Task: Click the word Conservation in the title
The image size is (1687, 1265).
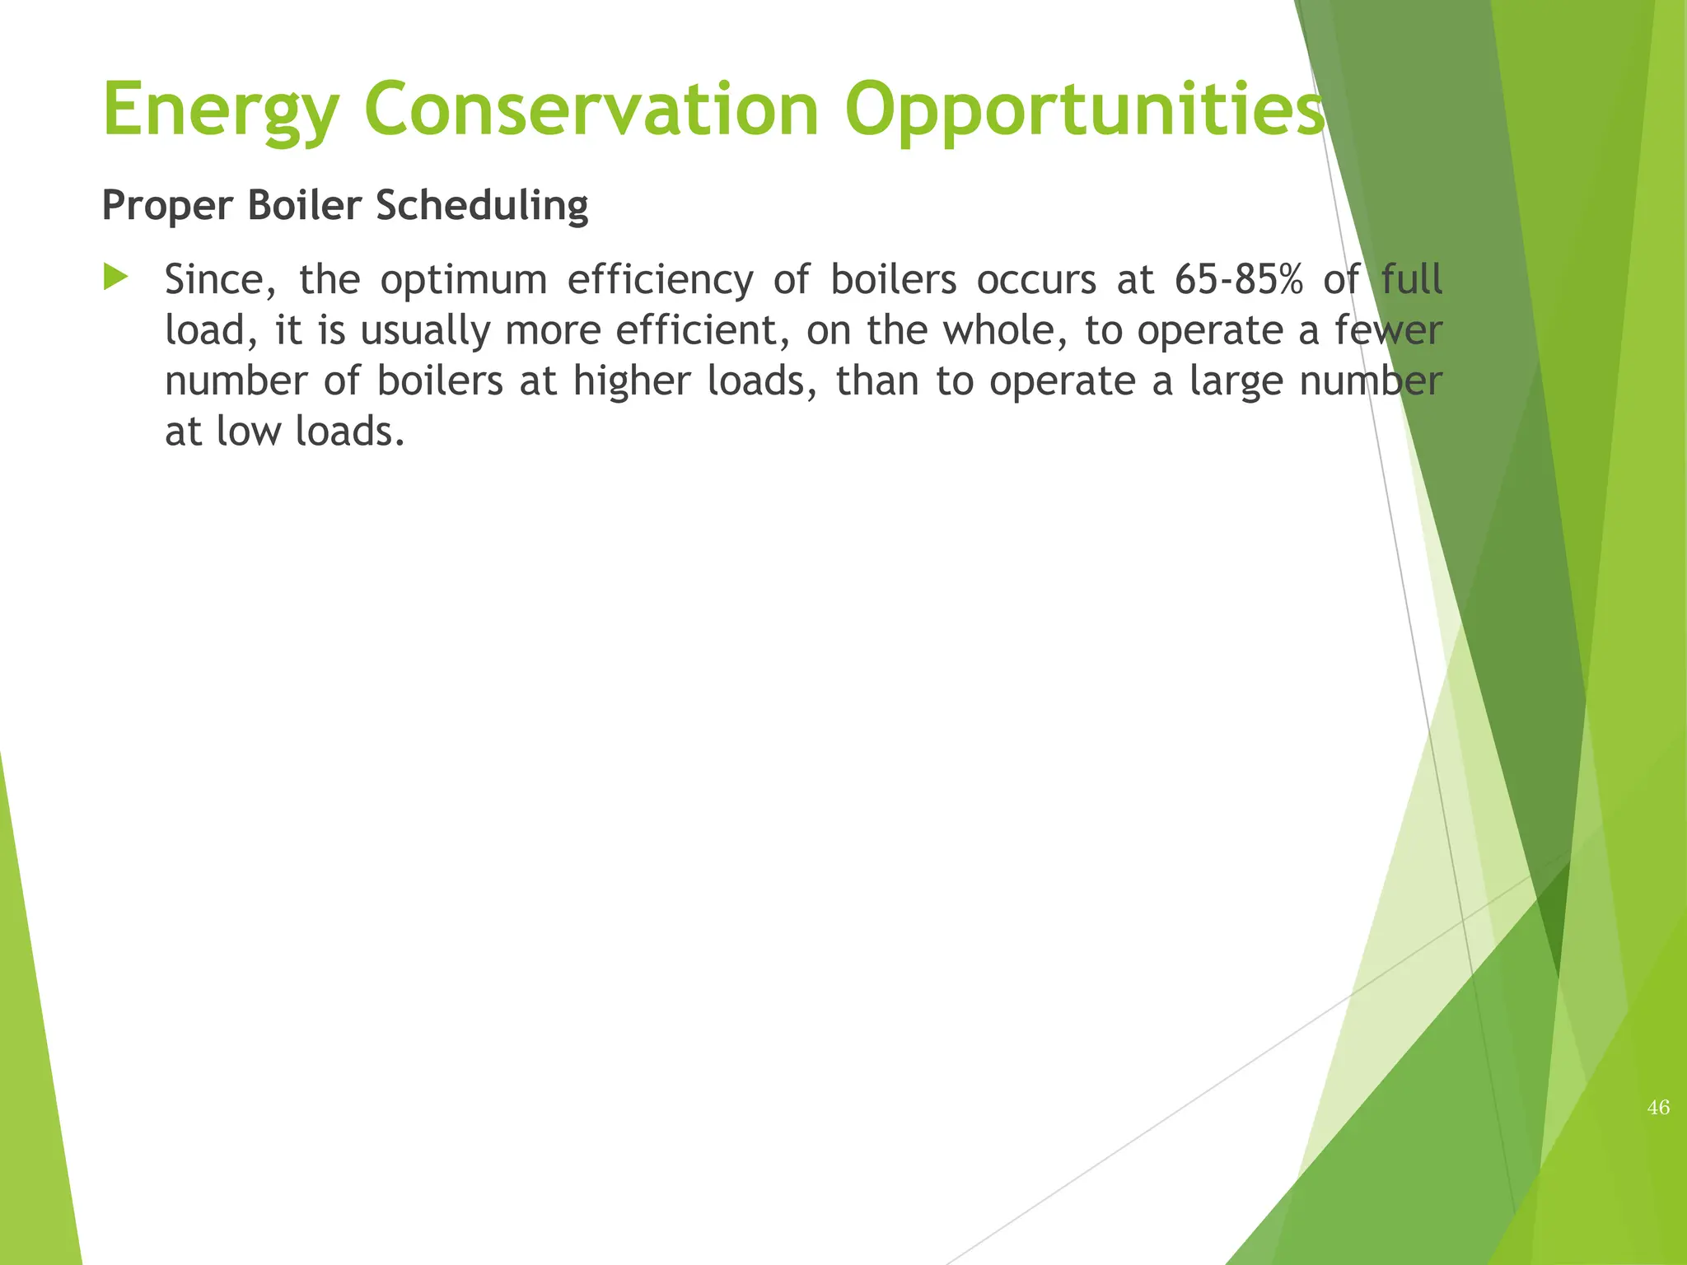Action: pos(591,110)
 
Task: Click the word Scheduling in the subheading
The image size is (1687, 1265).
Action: pos(482,206)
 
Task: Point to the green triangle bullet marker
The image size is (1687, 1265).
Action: pos(116,278)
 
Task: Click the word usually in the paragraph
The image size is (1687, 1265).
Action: pos(425,332)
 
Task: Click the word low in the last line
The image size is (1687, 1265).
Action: pos(248,432)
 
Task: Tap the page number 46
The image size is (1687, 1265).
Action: pos(1658,1108)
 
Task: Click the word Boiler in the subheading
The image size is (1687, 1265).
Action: pos(304,206)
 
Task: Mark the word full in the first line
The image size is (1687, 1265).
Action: pos(1411,280)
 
